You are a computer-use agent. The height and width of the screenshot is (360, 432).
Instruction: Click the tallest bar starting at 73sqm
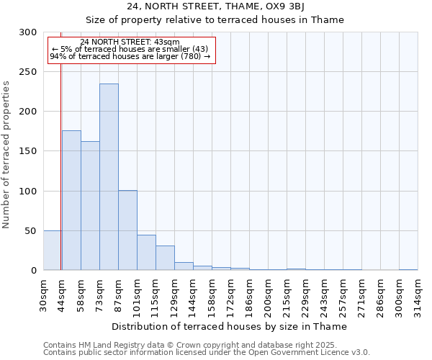(109, 177)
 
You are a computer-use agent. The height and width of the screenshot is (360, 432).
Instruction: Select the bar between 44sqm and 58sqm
(71, 200)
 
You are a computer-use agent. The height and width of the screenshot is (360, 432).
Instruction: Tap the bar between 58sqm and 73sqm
(90, 206)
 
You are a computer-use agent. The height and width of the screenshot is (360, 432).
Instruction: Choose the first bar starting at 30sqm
(52, 251)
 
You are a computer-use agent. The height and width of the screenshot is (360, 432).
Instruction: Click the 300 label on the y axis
(28, 32)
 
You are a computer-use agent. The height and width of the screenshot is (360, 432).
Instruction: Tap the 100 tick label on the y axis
(28, 192)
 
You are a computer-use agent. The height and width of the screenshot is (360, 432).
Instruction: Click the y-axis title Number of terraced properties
(7, 154)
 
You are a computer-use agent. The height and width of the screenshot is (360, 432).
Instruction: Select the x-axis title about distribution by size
(230, 326)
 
